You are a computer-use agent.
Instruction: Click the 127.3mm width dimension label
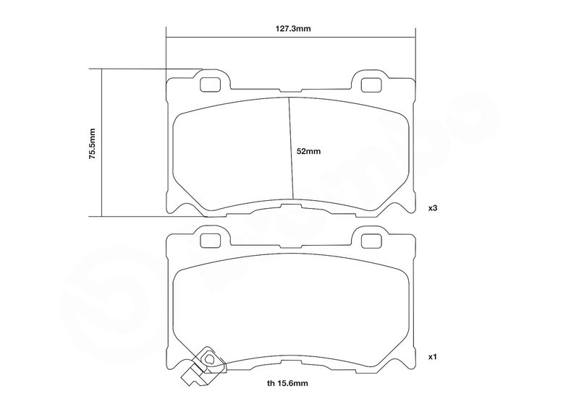[x=293, y=29]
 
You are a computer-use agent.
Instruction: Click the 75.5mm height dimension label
[x=93, y=144]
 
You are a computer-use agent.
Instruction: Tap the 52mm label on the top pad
[x=309, y=151]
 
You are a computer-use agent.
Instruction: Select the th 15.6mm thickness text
[x=287, y=383]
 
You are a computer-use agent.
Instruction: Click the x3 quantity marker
[x=433, y=208]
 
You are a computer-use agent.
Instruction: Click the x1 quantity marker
[x=433, y=357]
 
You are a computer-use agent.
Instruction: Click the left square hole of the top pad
[x=210, y=85]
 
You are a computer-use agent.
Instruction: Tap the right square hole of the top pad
[x=371, y=85]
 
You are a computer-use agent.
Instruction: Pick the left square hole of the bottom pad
[x=210, y=241]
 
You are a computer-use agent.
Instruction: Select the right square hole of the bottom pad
[x=371, y=241]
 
